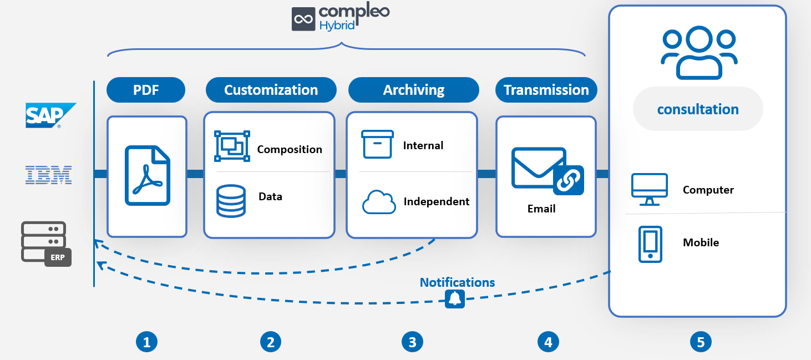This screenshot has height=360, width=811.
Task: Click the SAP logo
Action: click(x=50, y=115)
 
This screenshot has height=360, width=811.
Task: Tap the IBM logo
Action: click(x=48, y=175)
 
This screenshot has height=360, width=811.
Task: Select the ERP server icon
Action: click(x=46, y=244)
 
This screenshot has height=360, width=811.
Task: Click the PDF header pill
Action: click(x=146, y=90)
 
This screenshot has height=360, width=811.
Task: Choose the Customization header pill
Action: click(x=271, y=90)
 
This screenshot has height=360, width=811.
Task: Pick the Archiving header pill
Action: click(x=414, y=90)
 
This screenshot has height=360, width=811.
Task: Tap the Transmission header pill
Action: click(x=546, y=90)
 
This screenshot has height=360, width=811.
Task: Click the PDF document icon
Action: click(x=148, y=176)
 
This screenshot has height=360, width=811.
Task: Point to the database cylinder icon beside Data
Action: click(x=231, y=201)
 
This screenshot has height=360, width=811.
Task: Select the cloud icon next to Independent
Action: click(x=379, y=202)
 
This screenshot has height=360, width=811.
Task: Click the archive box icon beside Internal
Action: click(x=377, y=144)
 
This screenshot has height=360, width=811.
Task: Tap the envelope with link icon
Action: click(x=548, y=171)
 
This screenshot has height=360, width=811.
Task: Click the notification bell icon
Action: click(x=455, y=299)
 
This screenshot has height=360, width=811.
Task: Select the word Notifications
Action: click(x=457, y=282)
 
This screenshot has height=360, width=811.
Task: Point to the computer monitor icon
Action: click(x=650, y=189)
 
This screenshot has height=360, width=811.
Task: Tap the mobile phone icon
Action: click(x=650, y=244)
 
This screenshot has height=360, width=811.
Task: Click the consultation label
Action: click(x=698, y=109)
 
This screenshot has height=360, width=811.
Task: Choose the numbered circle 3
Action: click(x=412, y=342)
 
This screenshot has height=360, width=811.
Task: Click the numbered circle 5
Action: click(x=701, y=342)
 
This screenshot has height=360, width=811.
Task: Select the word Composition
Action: click(x=290, y=150)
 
